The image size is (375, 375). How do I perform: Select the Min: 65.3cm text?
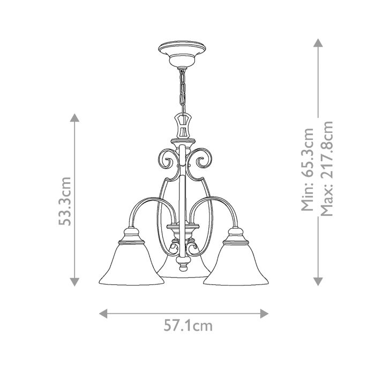[308, 170]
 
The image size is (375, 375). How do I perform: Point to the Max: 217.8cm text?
[325, 168]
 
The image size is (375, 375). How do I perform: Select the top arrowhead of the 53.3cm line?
[74, 118]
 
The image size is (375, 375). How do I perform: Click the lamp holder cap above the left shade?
[129, 234]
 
